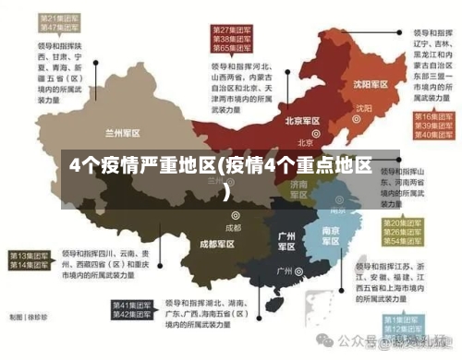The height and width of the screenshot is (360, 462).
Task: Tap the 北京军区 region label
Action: (302, 121)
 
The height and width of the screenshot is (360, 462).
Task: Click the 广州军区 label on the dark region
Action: (286, 241)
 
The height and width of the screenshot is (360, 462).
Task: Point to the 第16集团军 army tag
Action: (432, 117)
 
